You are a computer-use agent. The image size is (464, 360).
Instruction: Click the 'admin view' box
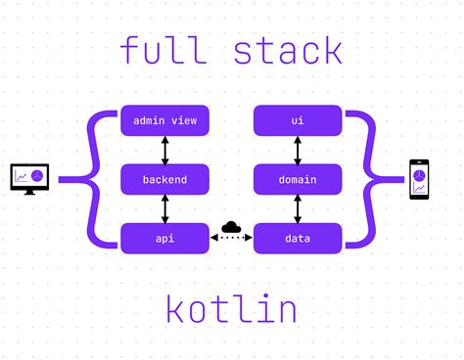[x=164, y=120]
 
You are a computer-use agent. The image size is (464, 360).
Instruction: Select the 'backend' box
[x=164, y=179]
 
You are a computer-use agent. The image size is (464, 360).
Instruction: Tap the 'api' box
[x=164, y=238]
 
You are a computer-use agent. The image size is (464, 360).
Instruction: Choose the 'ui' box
[x=298, y=120]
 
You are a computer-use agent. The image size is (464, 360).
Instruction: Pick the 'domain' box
[x=298, y=179]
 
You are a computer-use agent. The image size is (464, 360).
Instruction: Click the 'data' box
[x=298, y=238]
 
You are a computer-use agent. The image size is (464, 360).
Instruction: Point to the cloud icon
[x=231, y=228]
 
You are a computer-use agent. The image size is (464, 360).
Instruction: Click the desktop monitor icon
[x=29, y=179]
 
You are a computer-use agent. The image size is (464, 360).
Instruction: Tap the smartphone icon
[x=418, y=180]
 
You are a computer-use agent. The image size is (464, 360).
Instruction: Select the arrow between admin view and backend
[x=164, y=150]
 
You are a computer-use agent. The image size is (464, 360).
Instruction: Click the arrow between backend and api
[x=164, y=208]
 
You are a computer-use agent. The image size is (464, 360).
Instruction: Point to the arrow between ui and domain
[x=298, y=150]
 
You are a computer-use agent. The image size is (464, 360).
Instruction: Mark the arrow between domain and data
[x=298, y=208]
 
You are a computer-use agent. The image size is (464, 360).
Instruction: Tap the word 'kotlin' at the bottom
[x=231, y=309]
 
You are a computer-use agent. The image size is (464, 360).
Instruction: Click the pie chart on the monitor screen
[x=36, y=175]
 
